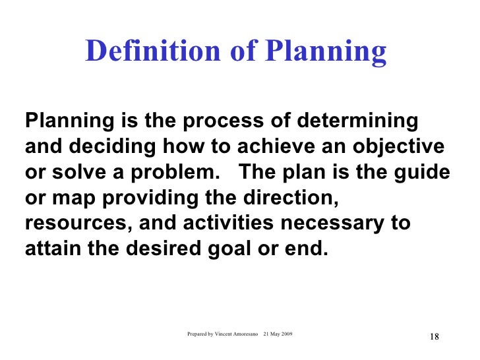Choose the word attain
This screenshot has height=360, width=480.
50,249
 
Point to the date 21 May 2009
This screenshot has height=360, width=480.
279,334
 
